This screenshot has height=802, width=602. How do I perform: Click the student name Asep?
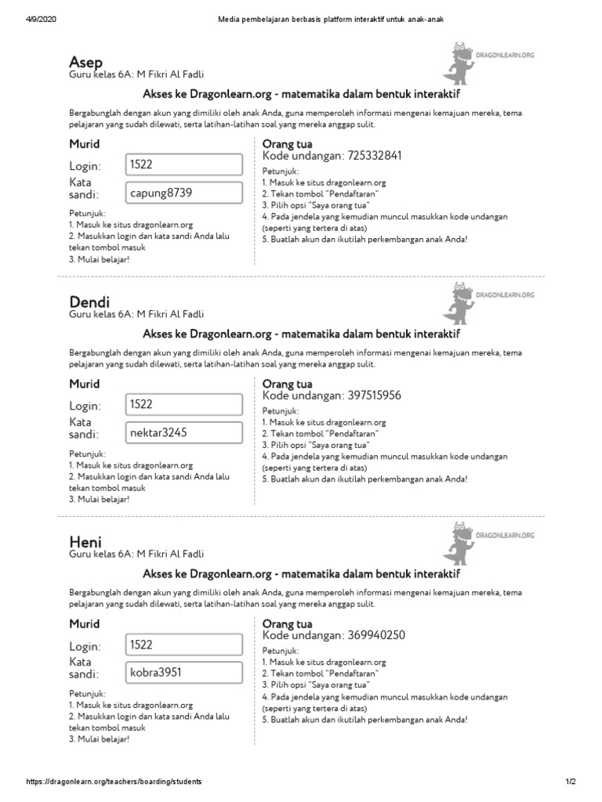point(86,61)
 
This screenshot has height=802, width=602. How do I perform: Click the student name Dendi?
point(89,302)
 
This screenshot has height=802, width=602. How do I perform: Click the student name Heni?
point(85,542)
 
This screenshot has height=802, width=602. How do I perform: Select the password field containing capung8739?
point(183,192)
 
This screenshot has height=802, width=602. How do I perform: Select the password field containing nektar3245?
point(183,432)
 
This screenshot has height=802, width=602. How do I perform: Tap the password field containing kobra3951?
point(183,672)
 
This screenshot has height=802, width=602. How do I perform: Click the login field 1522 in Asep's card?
point(183,164)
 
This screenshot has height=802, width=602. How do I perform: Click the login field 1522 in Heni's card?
point(183,645)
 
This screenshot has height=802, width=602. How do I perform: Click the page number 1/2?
point(571,782)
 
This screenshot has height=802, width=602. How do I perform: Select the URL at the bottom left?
point(114,782)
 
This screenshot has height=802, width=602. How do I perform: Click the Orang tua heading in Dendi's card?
point(287,385)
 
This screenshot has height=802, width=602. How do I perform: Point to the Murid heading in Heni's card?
point(85,624)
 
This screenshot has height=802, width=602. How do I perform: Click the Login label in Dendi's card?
point(85,406)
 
